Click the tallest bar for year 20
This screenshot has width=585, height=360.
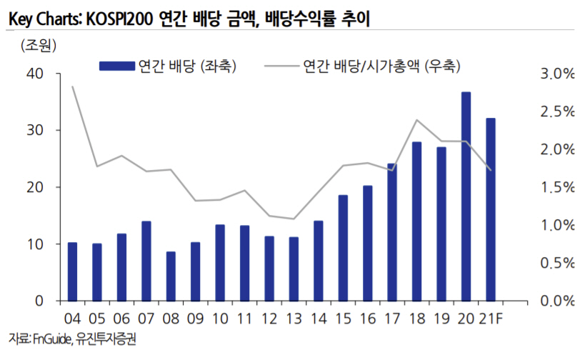466,196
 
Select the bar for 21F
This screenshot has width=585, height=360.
491,209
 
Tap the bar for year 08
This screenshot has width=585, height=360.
171,276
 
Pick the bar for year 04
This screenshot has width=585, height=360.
72,271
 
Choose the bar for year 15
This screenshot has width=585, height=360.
343,247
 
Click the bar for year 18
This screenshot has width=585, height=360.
416,221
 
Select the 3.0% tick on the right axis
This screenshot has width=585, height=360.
555,74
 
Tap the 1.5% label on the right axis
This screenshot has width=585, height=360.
555,187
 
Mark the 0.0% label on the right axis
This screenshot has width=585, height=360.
555,301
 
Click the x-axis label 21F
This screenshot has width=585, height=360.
493,319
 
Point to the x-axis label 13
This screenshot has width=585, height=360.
294,319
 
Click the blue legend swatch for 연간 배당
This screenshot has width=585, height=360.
116,66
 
